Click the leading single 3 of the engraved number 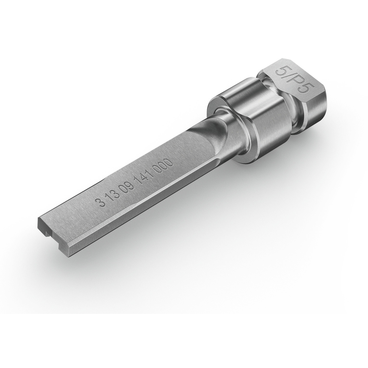point(102,202)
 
